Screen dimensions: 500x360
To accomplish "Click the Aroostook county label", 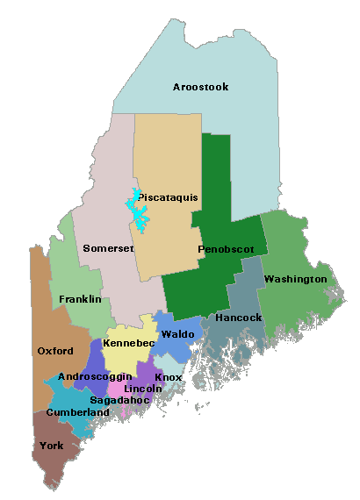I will coord(200,87).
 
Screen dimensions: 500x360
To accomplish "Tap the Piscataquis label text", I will coord(166,198).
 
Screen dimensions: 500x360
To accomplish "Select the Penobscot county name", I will coord(226,249).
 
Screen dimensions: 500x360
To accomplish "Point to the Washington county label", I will coord(295,279).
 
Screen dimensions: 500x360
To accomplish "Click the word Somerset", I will coord(108,248).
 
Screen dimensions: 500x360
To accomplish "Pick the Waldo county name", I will coord(177,334).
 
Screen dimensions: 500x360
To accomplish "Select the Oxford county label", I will coord(54,351).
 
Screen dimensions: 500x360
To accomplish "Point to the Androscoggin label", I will coord(95,376).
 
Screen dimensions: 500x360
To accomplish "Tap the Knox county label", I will coord(168,377).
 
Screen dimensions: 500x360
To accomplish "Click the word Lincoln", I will coord(143,388).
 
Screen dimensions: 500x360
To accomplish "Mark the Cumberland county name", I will coord(78,412).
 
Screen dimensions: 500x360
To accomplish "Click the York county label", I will coord(52,446).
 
